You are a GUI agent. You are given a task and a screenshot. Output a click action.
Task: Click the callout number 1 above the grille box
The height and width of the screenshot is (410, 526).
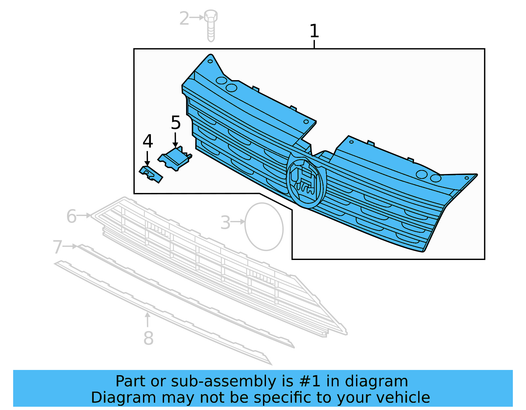tap(314, 31)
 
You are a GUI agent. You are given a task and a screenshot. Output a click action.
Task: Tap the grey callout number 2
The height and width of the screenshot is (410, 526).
tap(184, 18)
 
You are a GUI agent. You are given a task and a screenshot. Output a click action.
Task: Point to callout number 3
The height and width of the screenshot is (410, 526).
tap(225, 223)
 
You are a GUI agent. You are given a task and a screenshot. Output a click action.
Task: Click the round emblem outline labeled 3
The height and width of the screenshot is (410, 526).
tap(264, 227)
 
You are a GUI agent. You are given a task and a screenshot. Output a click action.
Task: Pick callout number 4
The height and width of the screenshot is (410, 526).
tap(148, 141)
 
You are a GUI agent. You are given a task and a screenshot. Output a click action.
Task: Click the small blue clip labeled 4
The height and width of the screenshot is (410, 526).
tap(151, 174)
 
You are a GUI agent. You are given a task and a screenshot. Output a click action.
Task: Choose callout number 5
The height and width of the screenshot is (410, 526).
tap(176, 123)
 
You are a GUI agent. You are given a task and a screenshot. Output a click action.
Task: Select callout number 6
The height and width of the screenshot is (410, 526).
tap(71, 217)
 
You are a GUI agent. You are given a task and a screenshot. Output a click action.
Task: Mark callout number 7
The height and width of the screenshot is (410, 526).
tap(58, 247)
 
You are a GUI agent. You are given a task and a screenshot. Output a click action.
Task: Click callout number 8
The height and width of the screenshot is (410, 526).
tap(148, 338)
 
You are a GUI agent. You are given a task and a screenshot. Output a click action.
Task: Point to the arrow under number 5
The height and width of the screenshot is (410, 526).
tap(175, 140)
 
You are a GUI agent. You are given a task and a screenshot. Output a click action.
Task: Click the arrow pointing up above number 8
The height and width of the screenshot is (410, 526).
tap(148, 319)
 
